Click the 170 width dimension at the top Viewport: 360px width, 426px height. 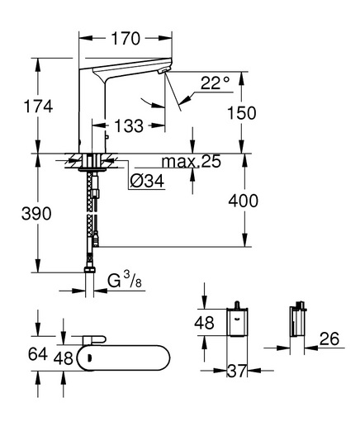pos(126,39)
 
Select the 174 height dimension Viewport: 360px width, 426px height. pos(38,106)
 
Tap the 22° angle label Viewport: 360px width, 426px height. pos(215,83)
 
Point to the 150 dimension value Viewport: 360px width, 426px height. pos(242,113)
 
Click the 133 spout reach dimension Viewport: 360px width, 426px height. pos(129,126)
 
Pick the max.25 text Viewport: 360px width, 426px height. pos(192,161)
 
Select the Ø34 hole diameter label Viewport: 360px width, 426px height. pos(147,181)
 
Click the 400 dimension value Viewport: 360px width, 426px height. pos(244,201)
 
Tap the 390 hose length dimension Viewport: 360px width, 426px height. pos(36,214)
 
